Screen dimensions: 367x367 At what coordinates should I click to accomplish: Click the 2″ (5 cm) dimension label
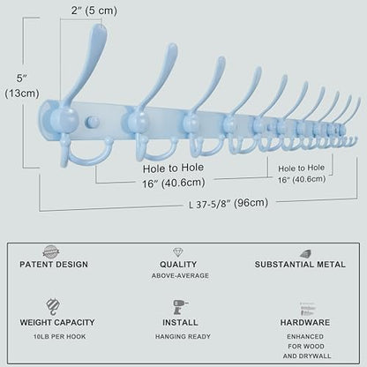94,11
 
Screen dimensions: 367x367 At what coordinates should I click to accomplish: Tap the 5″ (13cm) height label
22,86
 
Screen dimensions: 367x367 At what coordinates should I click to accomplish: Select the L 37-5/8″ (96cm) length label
228,204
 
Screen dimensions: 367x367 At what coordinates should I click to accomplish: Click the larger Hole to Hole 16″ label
174,176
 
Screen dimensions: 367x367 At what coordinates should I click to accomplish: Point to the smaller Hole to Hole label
302,174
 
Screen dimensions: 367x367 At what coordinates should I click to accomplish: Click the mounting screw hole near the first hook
93,123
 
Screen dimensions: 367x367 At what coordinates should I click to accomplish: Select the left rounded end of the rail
43,119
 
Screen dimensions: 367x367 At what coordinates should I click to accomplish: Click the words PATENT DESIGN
54,265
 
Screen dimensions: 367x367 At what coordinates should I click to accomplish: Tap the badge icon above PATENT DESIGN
51,252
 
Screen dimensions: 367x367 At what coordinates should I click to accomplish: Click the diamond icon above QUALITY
178,252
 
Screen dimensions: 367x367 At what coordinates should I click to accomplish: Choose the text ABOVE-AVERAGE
180,276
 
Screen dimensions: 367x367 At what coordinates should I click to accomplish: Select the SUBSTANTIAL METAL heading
300,265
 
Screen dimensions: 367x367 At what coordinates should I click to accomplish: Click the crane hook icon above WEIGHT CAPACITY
53,306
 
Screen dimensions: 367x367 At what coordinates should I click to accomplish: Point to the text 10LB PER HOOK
59,337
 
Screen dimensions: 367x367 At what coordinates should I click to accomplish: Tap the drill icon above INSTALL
180,307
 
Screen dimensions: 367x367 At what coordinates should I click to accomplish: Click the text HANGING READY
183,336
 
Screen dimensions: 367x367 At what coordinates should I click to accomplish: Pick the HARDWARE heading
305,322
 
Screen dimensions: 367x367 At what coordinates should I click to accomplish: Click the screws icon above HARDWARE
307,309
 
